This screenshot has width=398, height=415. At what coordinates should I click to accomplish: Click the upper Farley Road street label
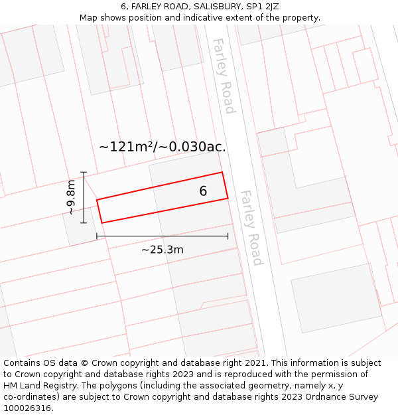(x=223, y=76)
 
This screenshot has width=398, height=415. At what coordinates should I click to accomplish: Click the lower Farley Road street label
(x=251, y=228)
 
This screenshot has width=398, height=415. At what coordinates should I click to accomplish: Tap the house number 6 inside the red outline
(x=203, y=191)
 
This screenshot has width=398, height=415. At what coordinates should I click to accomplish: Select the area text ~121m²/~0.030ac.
(x=163, y=147)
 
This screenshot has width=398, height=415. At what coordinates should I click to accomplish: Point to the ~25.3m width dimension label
(x=162, y=250)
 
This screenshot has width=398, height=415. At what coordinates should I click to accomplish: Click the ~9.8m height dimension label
(x=71, y=198)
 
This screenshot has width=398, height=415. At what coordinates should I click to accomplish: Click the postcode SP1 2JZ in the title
(x=262, y=7)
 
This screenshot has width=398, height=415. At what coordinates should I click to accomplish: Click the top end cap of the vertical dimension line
(x=84, y=173)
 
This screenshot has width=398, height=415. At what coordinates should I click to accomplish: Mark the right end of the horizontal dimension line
(x=228, y=236)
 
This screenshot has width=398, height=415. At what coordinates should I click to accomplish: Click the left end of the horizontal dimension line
(x=97, y=236)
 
